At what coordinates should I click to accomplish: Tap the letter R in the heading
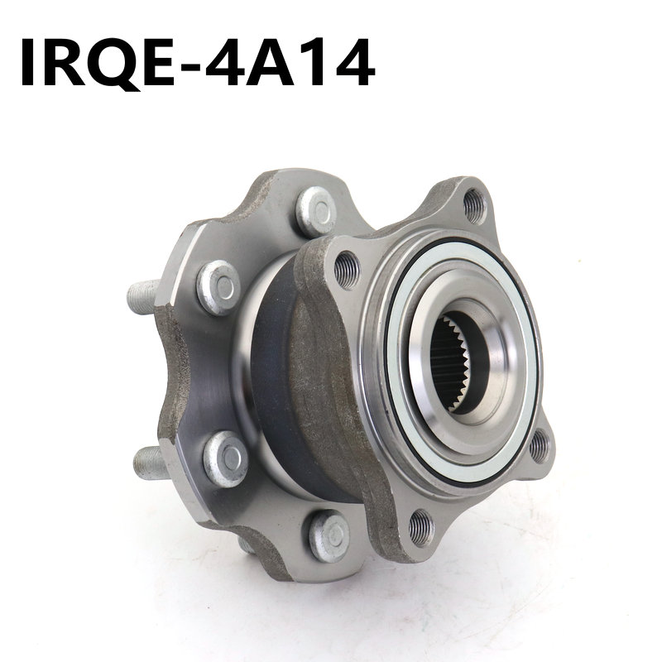pos(65,62)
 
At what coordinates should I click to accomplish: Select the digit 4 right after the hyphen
pos(227,62)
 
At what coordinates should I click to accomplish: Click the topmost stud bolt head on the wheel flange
pos(316,211)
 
